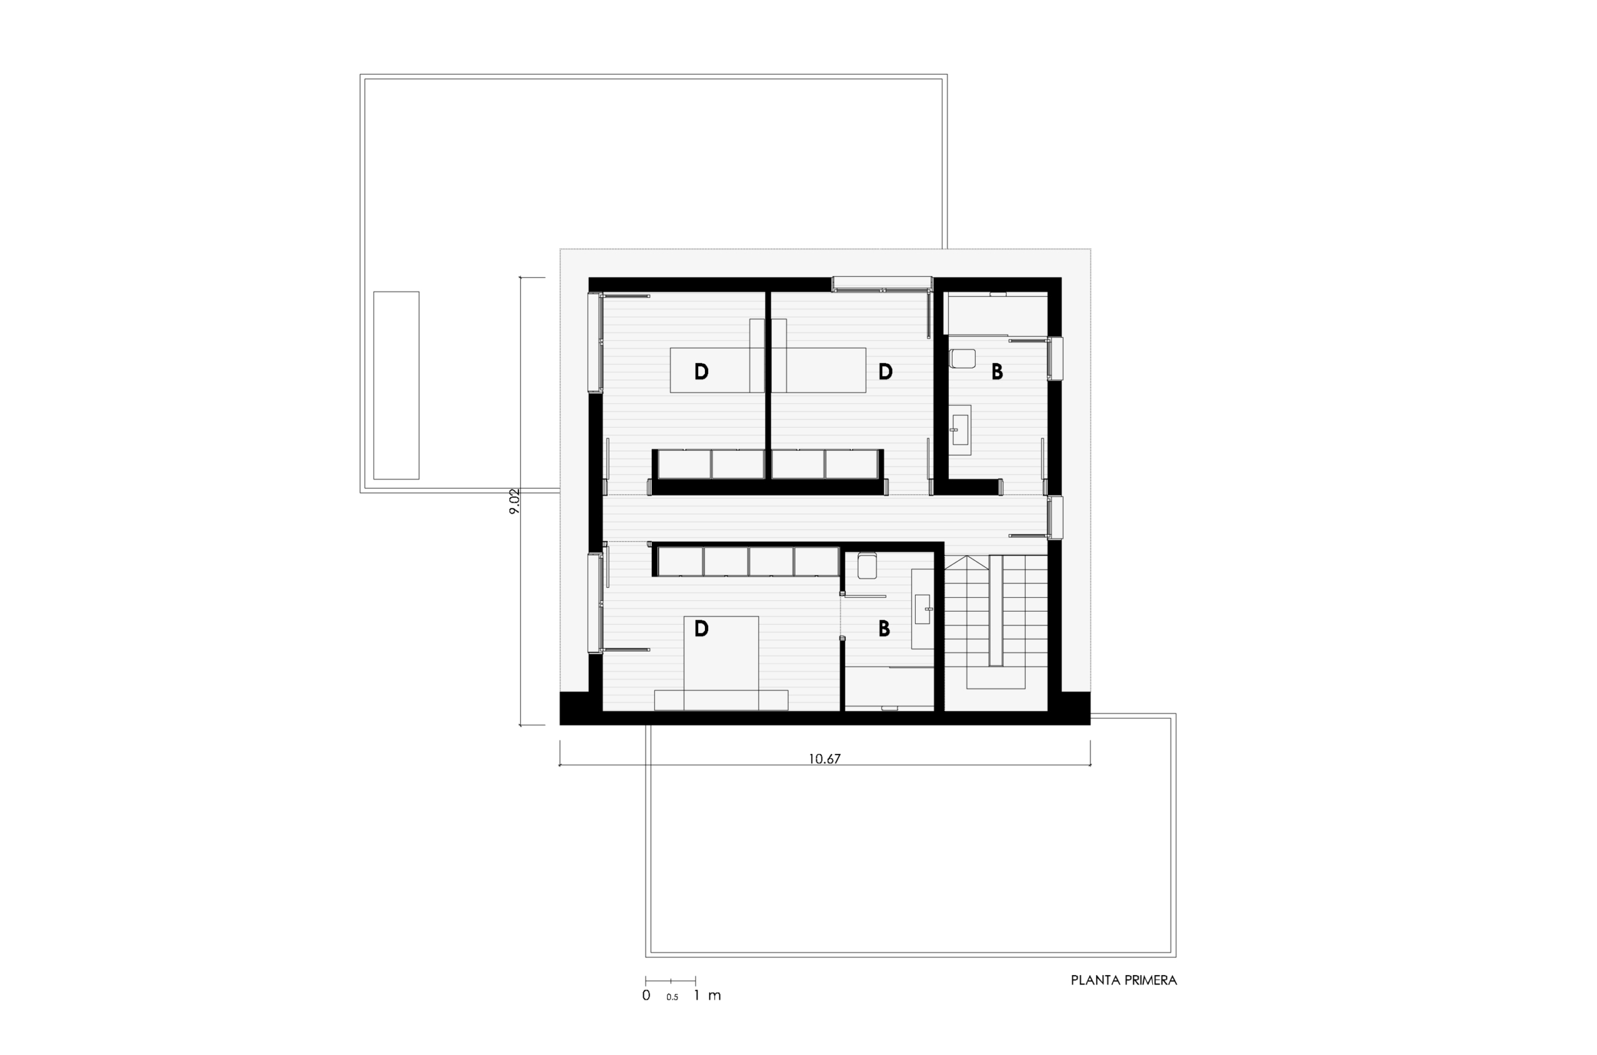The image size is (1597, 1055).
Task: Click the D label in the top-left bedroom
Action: pyautogui.click(x=701, y=371)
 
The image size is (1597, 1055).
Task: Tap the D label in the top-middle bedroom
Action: pyautogui.click(x=886, y=371)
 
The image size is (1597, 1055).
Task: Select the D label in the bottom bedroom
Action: pyautogui.click(x=701, y=629)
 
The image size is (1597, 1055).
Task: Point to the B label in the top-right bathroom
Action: pyautogui.click(x=998, y=371)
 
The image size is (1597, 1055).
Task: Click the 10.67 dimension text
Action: pyautogui.click(x=825, y=759)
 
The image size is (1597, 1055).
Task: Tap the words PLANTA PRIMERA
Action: pyautogui.click(x=1124, y=980)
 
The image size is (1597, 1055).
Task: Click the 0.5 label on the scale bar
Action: pyautogui.click(x=672, y=997)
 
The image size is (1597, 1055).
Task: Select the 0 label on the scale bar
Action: pyautogui.click(x=646, y=995)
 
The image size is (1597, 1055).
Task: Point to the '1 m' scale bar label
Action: pyautogui.click(x=707, y=995)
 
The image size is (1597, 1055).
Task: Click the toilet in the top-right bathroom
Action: pyautogui.click(x=963, y=358)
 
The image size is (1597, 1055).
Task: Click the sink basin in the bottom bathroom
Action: pyautogui.click(x=922, y=610)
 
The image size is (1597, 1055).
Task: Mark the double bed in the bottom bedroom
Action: pyautogui.click(x=721, y=663)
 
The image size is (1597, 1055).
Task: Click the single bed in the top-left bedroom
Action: pyautogui.click(x=710, y=370)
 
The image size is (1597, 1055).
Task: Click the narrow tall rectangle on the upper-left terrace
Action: pyautogui.click(x=396, y=385)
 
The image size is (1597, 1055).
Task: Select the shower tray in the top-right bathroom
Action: pyautogui.click(x=998, y=314)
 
